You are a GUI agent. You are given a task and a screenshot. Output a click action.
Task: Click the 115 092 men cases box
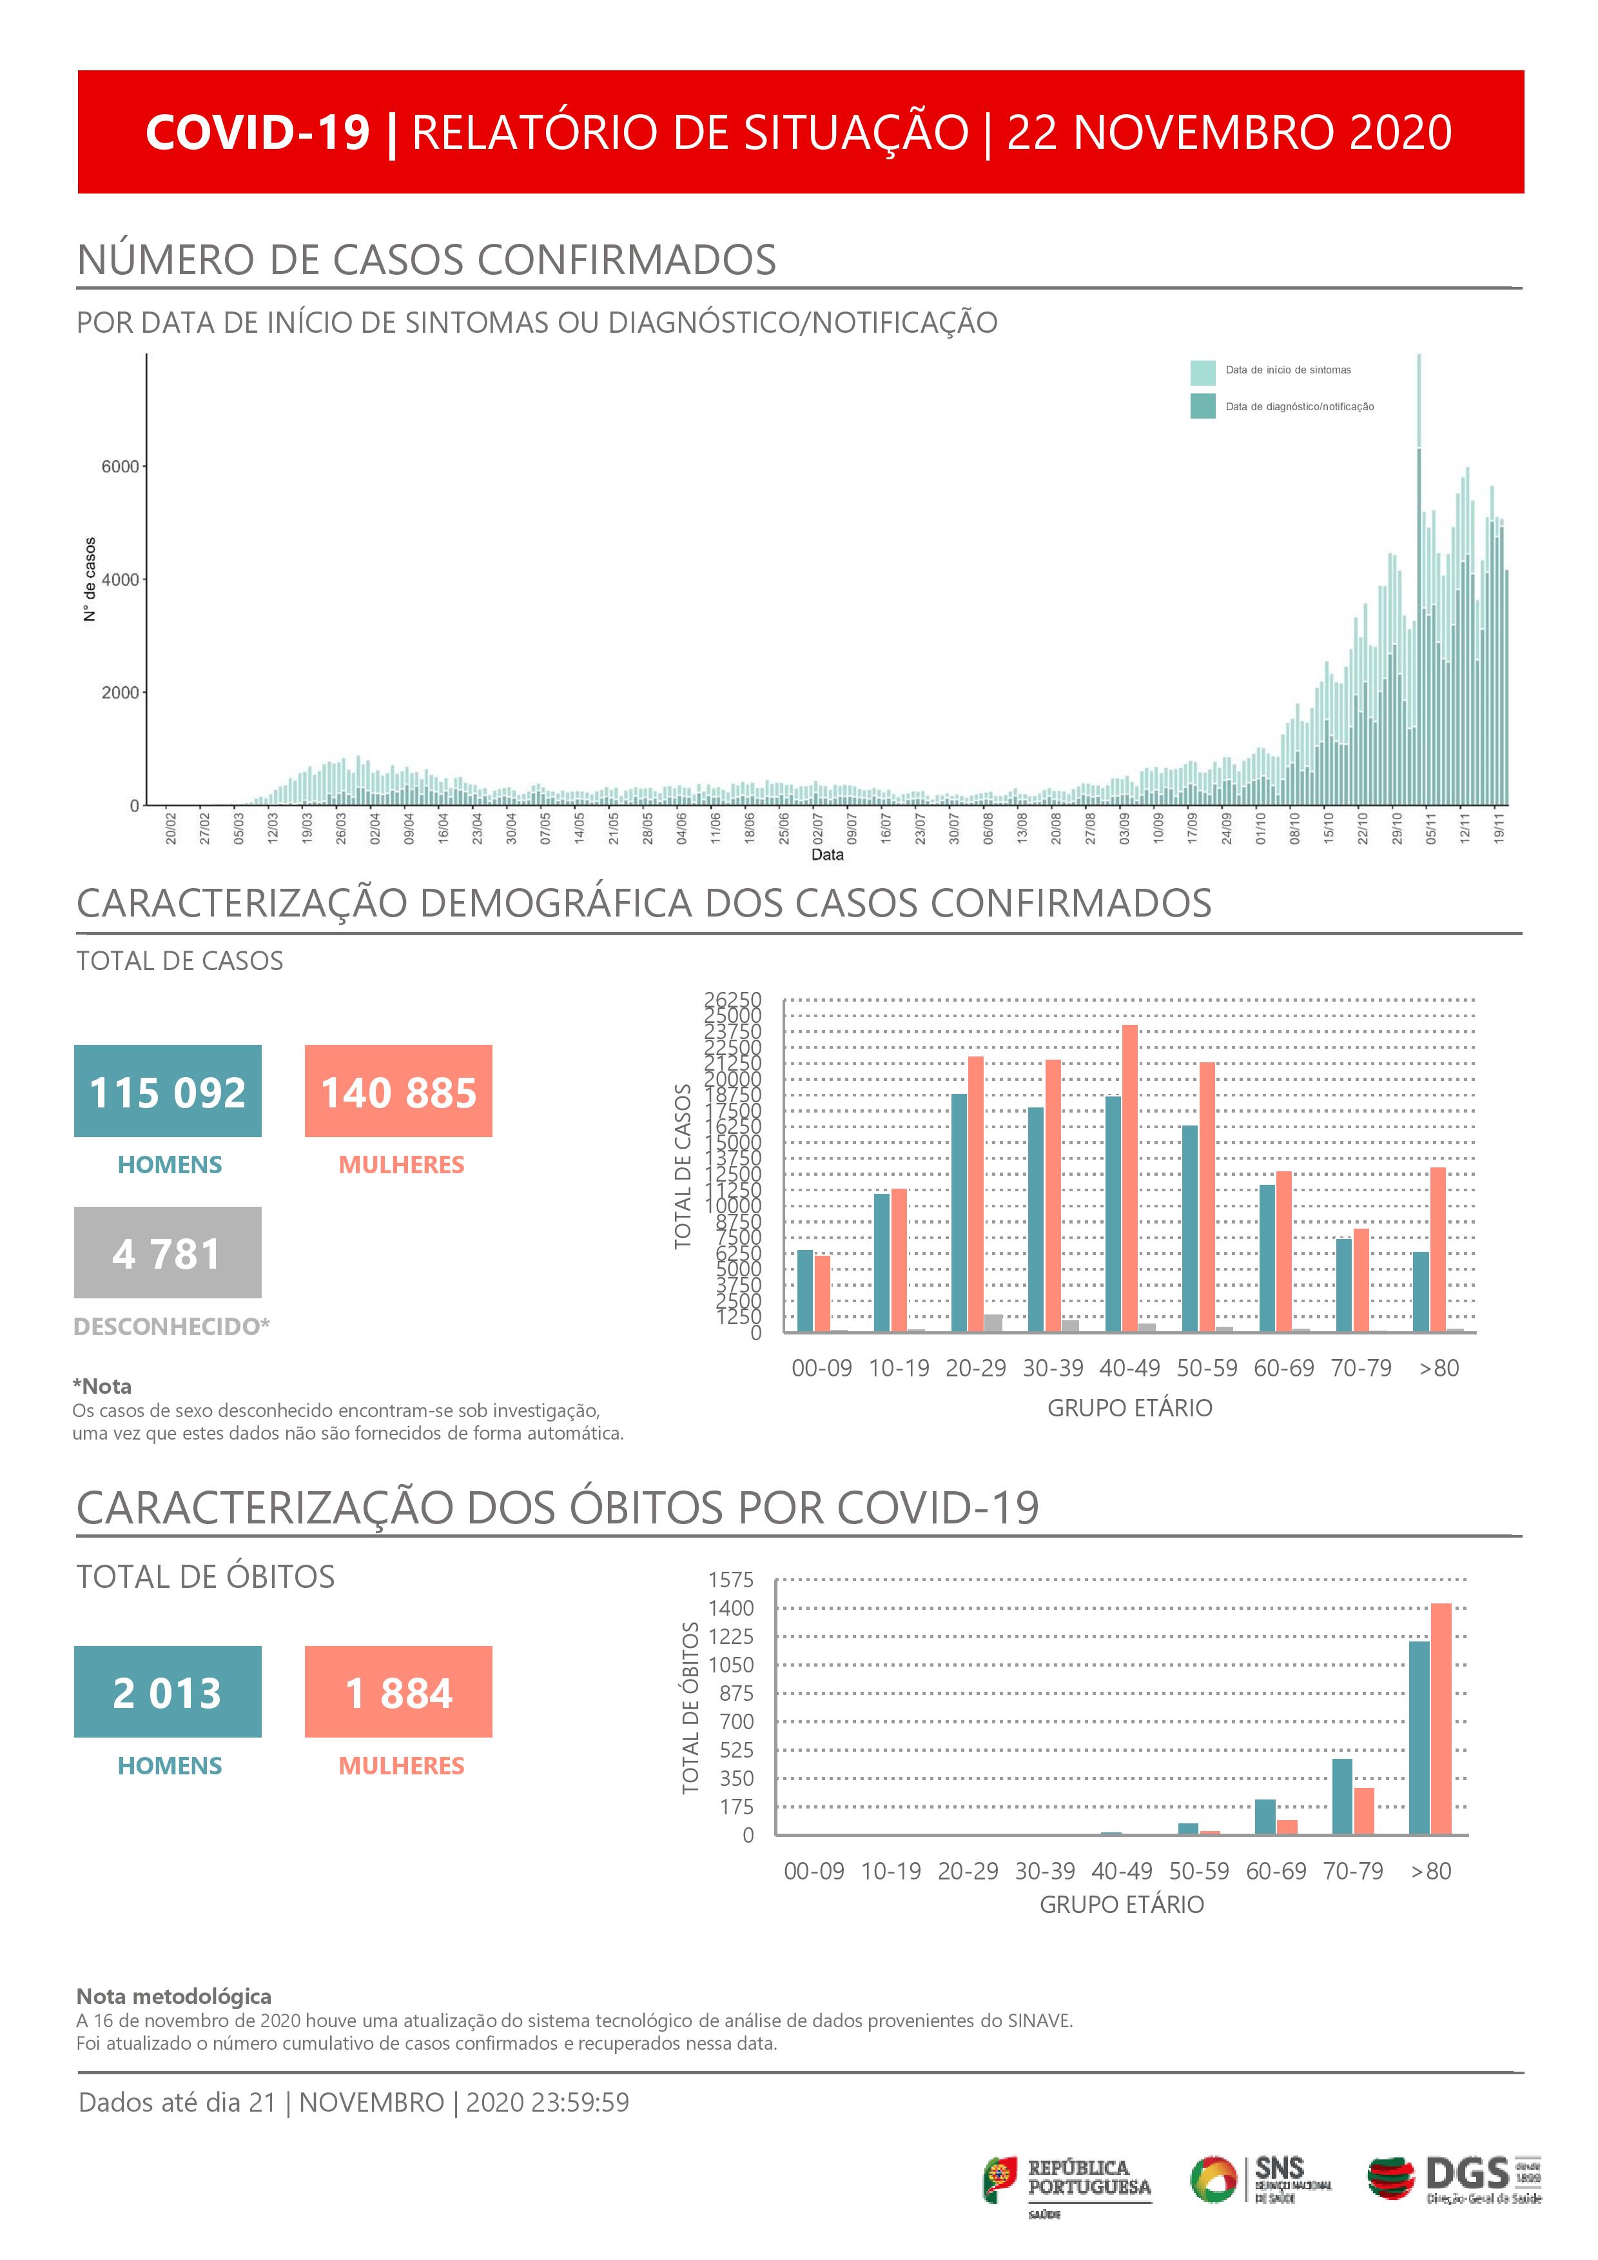coord(168,1091)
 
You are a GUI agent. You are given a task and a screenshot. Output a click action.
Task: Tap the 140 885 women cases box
coord(398,1091)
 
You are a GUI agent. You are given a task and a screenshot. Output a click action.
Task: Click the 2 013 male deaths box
coord(168,1691)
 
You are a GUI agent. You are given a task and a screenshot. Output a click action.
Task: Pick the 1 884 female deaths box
coord(398,1691)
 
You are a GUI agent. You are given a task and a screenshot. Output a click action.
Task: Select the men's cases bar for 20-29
coord(959,1213)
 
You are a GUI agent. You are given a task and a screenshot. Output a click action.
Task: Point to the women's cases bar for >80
coord(1437,1249)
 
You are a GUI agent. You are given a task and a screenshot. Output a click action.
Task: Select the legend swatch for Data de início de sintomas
coord(1202,372)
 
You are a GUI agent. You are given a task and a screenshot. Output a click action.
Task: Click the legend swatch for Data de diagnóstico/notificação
coord(1202,406)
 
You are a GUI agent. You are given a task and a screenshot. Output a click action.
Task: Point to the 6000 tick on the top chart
coord(120,466)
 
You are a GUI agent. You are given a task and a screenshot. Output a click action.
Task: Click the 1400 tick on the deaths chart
coord(731,1609)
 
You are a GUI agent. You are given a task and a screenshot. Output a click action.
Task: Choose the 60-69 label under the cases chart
coord(1283,1368)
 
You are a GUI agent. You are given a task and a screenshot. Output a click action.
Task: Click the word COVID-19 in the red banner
coord(258,132)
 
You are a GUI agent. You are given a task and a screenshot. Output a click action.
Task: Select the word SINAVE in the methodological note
coord(1039,2021)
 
